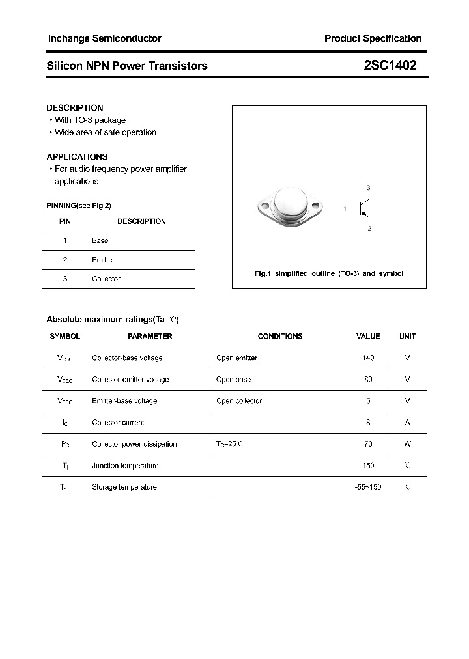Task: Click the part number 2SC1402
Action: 390,65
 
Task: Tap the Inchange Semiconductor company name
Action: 104,38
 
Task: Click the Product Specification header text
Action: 373,38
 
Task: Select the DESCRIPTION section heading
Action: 75,108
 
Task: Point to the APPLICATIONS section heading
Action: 77,157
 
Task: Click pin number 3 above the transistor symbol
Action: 368,188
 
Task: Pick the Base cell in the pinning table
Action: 100,240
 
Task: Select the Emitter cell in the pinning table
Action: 103,260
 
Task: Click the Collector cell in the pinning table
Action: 106,279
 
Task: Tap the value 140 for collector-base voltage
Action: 368,358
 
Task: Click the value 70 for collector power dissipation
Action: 368,444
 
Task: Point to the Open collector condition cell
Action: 239,401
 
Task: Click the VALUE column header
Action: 368,336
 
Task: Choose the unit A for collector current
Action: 407,423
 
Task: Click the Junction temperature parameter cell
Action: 125,466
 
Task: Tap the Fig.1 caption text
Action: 329,273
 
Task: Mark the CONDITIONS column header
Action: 280,336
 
